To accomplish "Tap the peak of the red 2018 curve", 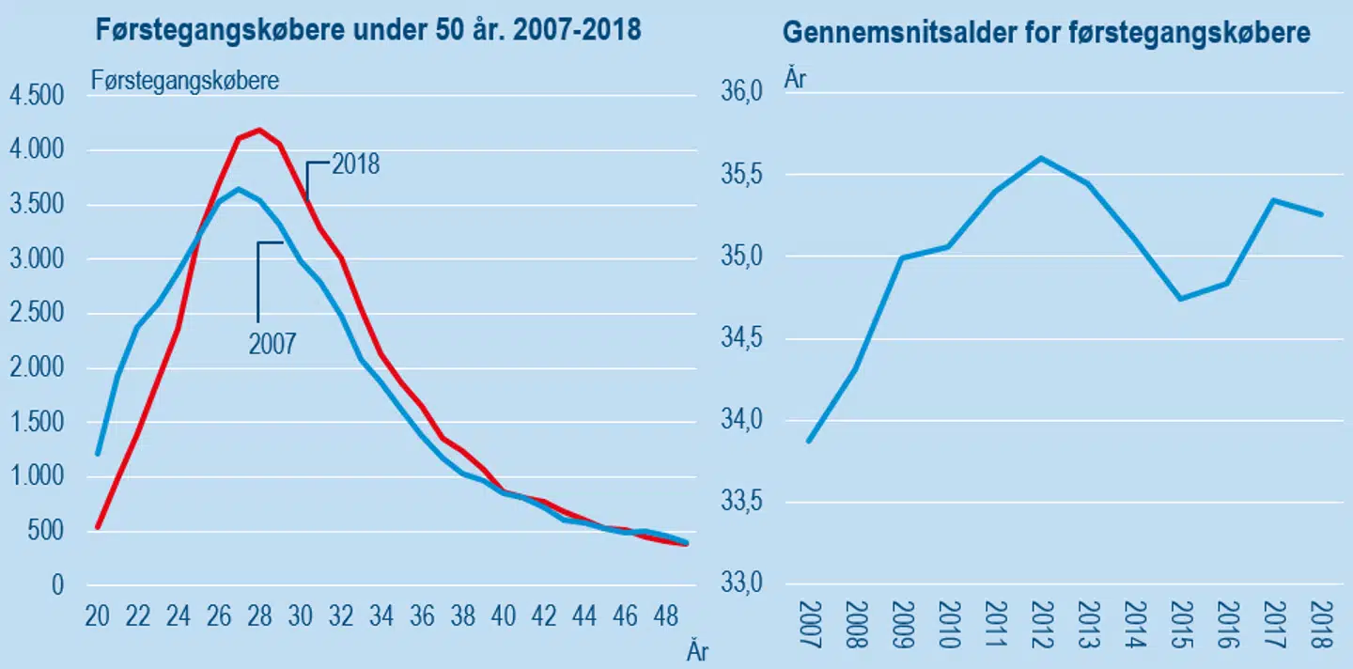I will pyautogui.click(x=260, y=130).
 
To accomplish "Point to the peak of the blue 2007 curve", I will pyautogui.click(x=239, y=189).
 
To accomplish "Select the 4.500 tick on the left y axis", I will pyautogui.click(x=35, y=96).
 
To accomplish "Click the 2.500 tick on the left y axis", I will pyautogui.click(x=35, y=314).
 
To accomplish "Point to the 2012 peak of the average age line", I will pyautogui.click(x=1040, y=158).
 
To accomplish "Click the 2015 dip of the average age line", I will pyautogui.click(x=1180, y=299).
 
